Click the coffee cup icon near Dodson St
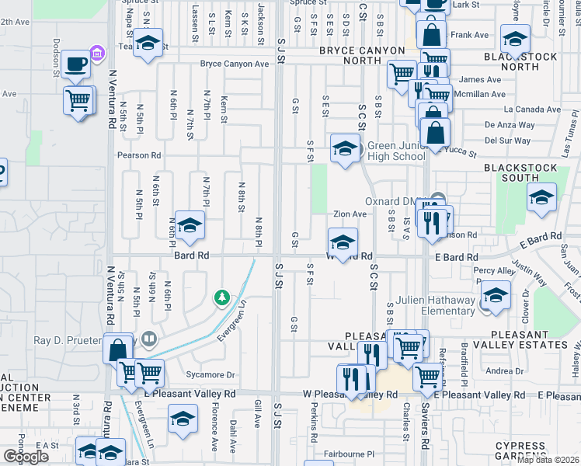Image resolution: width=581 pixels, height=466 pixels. pos(76,64)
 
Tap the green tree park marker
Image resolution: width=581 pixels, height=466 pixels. pos(222,297)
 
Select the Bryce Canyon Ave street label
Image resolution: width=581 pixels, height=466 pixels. pos(233,64)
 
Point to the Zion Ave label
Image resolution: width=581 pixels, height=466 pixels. pos(350,214)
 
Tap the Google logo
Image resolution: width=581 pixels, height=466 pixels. pos(26,457)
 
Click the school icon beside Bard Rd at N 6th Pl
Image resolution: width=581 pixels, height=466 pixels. pos(188,226)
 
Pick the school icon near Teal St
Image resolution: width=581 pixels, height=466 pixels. pos(146,43)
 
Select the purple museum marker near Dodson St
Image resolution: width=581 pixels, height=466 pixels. pos(98,53)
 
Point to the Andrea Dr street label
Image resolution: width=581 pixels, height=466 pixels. pos(505,371)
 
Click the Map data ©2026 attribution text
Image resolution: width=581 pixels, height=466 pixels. pos(548,460)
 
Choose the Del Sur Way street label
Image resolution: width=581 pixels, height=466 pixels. pos(508,141)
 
